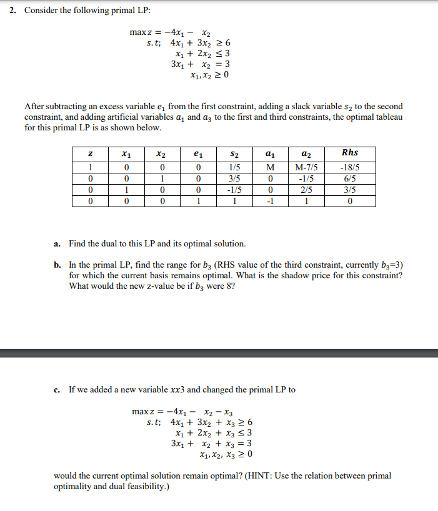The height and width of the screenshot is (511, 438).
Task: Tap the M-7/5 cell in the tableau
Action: (305, 167)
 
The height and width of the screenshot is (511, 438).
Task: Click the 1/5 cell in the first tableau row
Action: (234, 167)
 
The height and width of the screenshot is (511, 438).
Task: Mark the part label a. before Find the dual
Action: (57, 243)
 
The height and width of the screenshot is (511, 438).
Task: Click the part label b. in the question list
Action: (57, 265)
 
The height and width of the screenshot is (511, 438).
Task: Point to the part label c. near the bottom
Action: (57, 390)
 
